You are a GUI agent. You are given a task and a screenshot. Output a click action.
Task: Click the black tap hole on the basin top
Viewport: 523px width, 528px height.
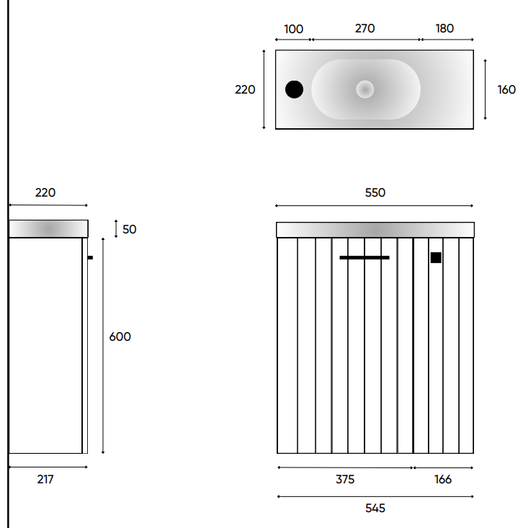coord(294,89)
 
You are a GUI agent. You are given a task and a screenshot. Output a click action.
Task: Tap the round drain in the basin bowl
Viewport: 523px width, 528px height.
coord(365,89)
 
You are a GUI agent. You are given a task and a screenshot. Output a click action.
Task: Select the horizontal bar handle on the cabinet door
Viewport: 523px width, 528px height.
coord(365,258)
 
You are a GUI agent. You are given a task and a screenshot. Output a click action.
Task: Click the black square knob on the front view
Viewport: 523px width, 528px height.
coord(436,258)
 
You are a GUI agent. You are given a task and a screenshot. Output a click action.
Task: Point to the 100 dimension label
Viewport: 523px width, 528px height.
coord(293,29)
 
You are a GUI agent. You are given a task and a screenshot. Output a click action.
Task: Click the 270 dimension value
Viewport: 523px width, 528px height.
coord(365,28)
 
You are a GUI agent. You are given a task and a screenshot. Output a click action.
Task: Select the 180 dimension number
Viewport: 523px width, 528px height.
coord(444,28)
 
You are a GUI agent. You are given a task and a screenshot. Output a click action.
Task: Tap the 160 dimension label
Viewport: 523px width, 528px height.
coord(506,89)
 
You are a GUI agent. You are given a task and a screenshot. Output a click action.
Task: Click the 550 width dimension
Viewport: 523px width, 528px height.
coord(375,192)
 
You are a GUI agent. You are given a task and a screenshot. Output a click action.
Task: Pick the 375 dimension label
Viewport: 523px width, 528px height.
coord(345,479)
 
